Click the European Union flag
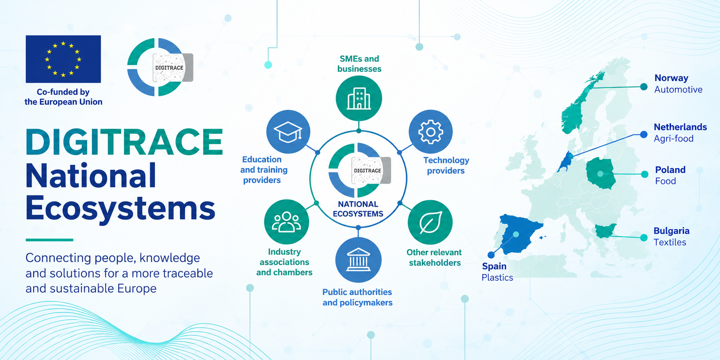[63, 59]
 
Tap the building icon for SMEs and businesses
[359, 99]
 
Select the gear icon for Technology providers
[431, 132]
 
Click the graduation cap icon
[288, 132]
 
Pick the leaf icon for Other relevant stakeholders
[430, 222]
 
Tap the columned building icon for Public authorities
[358, 260]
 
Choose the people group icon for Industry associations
[287, 222]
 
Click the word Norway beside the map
[671, 78]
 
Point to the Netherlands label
[680, 127]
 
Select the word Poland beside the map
[670, 170]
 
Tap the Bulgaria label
[671, 231]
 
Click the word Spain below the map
[494, 266]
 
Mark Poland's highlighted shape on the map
[600, 174]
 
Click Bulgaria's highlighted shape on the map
[605, 231]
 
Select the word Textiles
[670, 242]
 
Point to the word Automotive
[678, 90]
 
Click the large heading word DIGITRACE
[124, 142]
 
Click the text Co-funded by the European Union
[63, 97]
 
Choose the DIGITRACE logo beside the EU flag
[160, 67]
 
